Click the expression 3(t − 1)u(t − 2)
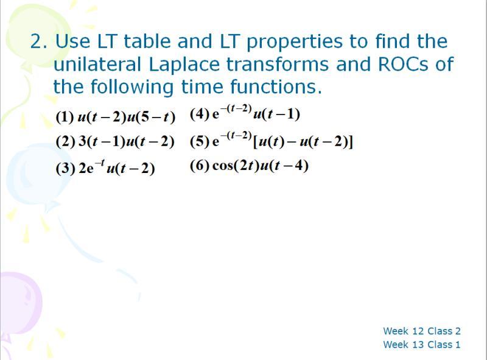pos(127,142)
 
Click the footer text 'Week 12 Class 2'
pos(421,331)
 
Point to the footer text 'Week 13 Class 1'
pos(421,345)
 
